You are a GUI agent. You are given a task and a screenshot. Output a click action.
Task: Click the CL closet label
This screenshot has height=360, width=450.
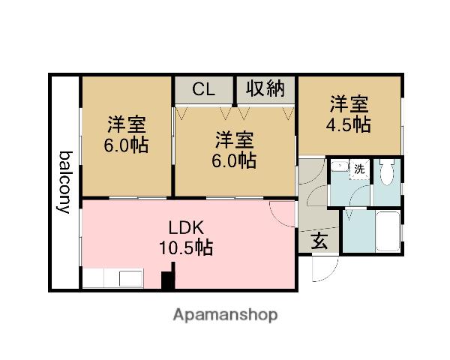coord(203,89)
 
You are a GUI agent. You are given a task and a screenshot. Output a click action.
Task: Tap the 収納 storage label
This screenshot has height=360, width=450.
coord(265,88)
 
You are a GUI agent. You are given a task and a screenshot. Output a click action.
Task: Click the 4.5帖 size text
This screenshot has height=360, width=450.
coord(349,124)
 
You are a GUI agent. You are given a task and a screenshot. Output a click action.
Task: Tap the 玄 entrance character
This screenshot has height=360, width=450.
coord(319,241)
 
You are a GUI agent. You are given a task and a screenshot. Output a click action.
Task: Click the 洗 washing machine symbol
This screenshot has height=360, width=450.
coord(359,169)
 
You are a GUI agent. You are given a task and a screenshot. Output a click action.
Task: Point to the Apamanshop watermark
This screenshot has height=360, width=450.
coord(225,315)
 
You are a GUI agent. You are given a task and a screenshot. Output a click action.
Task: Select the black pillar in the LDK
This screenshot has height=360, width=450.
coord(168,280)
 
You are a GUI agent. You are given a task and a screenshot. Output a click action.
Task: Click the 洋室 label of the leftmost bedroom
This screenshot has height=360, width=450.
coord(126,123)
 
